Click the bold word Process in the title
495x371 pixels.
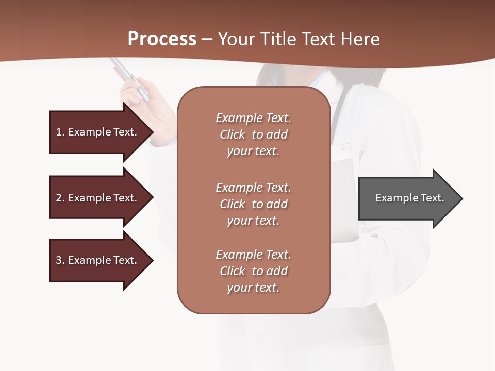coord(162,39)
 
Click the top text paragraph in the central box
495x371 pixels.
coord(253,134)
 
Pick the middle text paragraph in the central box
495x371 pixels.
coord(253,204)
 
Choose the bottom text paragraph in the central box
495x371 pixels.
coord(253,271)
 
